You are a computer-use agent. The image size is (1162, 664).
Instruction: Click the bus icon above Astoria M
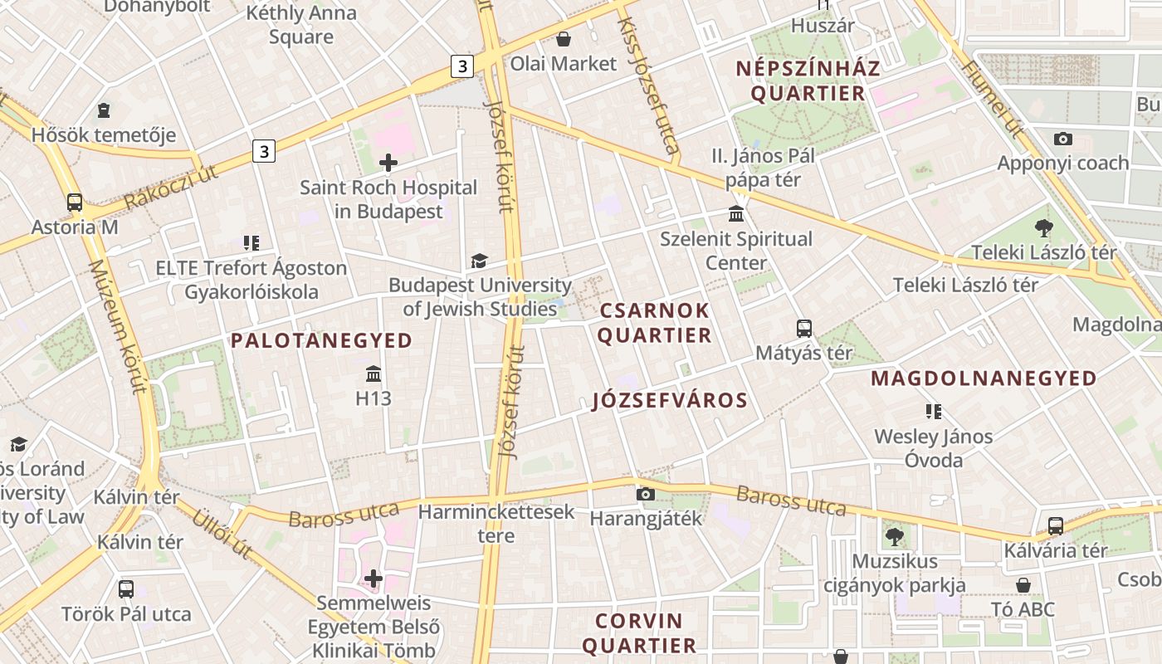click(x=75, y=202)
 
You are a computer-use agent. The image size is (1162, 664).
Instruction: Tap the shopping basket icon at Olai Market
click(x=564, y=39)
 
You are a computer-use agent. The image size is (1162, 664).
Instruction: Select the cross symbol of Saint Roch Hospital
click(x=388, y=163)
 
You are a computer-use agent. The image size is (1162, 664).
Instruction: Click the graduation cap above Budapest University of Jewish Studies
click(x=479, y=261)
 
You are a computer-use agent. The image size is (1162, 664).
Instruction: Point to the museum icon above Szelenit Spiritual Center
click(x=735, y=214)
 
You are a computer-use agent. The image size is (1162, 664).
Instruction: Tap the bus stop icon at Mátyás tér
click(x=803, y=328)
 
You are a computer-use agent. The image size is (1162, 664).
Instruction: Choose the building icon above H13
click(x=373, y=373)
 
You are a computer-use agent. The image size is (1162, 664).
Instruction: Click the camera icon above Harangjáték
click(x=645, y=494)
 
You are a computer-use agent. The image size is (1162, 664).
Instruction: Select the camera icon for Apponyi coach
click(x=1062, y=139)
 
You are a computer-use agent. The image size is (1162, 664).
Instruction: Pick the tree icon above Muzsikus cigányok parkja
click(x=894, y=536)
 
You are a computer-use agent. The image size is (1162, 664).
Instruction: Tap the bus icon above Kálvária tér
click(x=1055, y=525)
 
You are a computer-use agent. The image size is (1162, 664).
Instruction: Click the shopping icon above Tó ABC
click(x=1023, y=584)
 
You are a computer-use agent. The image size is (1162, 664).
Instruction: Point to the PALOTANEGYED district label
click(x=321, y=340)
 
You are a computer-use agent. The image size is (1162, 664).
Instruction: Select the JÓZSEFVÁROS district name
click(x=670, y=401)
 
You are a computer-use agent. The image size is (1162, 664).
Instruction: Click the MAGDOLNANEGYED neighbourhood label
click(x=984, y=378)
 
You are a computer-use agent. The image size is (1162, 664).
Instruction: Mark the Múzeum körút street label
click(x=116, y=327)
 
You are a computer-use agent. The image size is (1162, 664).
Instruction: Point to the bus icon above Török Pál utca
click(x=126, y=589)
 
